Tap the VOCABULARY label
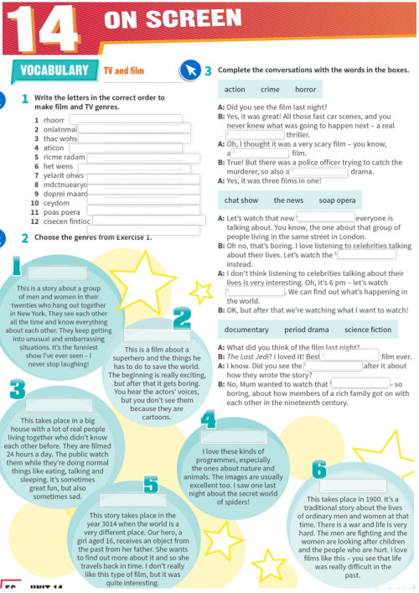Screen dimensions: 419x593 (x=54, y=70)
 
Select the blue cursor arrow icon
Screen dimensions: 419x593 (x=191, y=71)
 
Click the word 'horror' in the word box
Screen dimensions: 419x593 (x=305, y=89)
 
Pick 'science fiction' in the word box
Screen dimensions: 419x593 (x=368, y=330)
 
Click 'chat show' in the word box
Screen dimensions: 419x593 (x=241, y=200)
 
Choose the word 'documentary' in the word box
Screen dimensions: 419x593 (x=246, y=330)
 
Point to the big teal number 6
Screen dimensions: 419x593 (x=318, y=470)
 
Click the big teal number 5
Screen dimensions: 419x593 (x=150, y=484)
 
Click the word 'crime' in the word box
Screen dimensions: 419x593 (x=270, y=89)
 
